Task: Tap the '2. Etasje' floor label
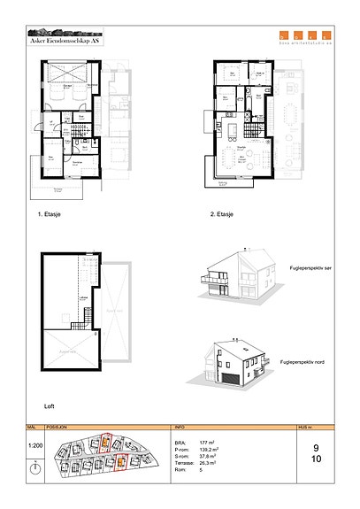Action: (x=221, y=214)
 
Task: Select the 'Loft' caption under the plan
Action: (x=50, y=405)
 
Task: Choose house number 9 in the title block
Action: (x=316, y=447)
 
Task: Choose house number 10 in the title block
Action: (x=316, y=459)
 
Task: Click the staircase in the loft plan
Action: (x=86, y=306)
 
